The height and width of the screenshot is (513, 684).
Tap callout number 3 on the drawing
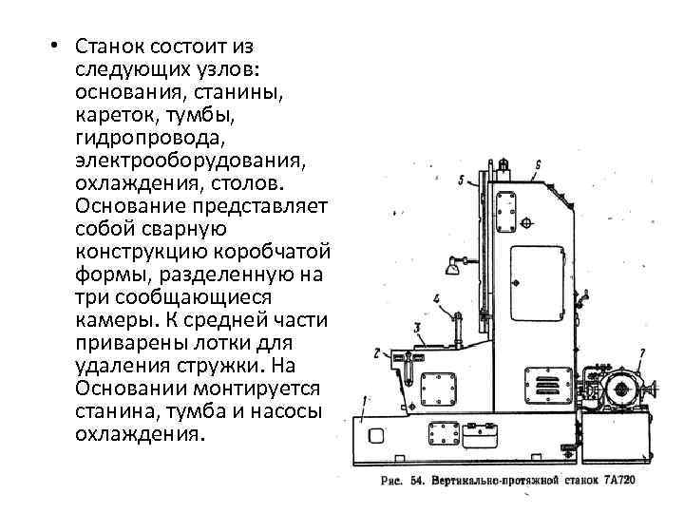[x=418, y=328]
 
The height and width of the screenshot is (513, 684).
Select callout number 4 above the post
[x=436, y=298]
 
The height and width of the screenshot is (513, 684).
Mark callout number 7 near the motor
[x=642, y=353]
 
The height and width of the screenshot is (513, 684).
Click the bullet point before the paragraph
[x=57, y=47]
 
